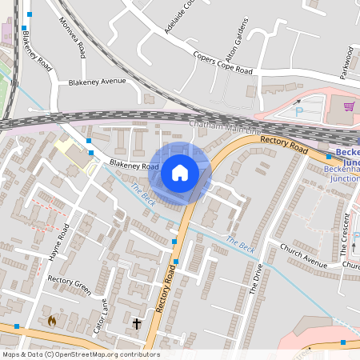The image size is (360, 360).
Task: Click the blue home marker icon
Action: coord(180,172)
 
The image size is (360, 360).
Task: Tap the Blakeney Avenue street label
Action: coord(98,82)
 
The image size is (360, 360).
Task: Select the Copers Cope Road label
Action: coord(223,64)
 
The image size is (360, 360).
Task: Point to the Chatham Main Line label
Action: coord(225,126)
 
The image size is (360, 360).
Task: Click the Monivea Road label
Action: coord(77,36)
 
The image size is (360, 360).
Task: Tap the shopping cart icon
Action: coord(349,106)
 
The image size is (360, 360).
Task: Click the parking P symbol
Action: coord(298,112)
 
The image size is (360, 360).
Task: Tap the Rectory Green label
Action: coord(70,281)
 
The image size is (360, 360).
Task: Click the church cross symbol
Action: coord(137,323)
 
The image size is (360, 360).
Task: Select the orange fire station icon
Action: coord(53,321)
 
